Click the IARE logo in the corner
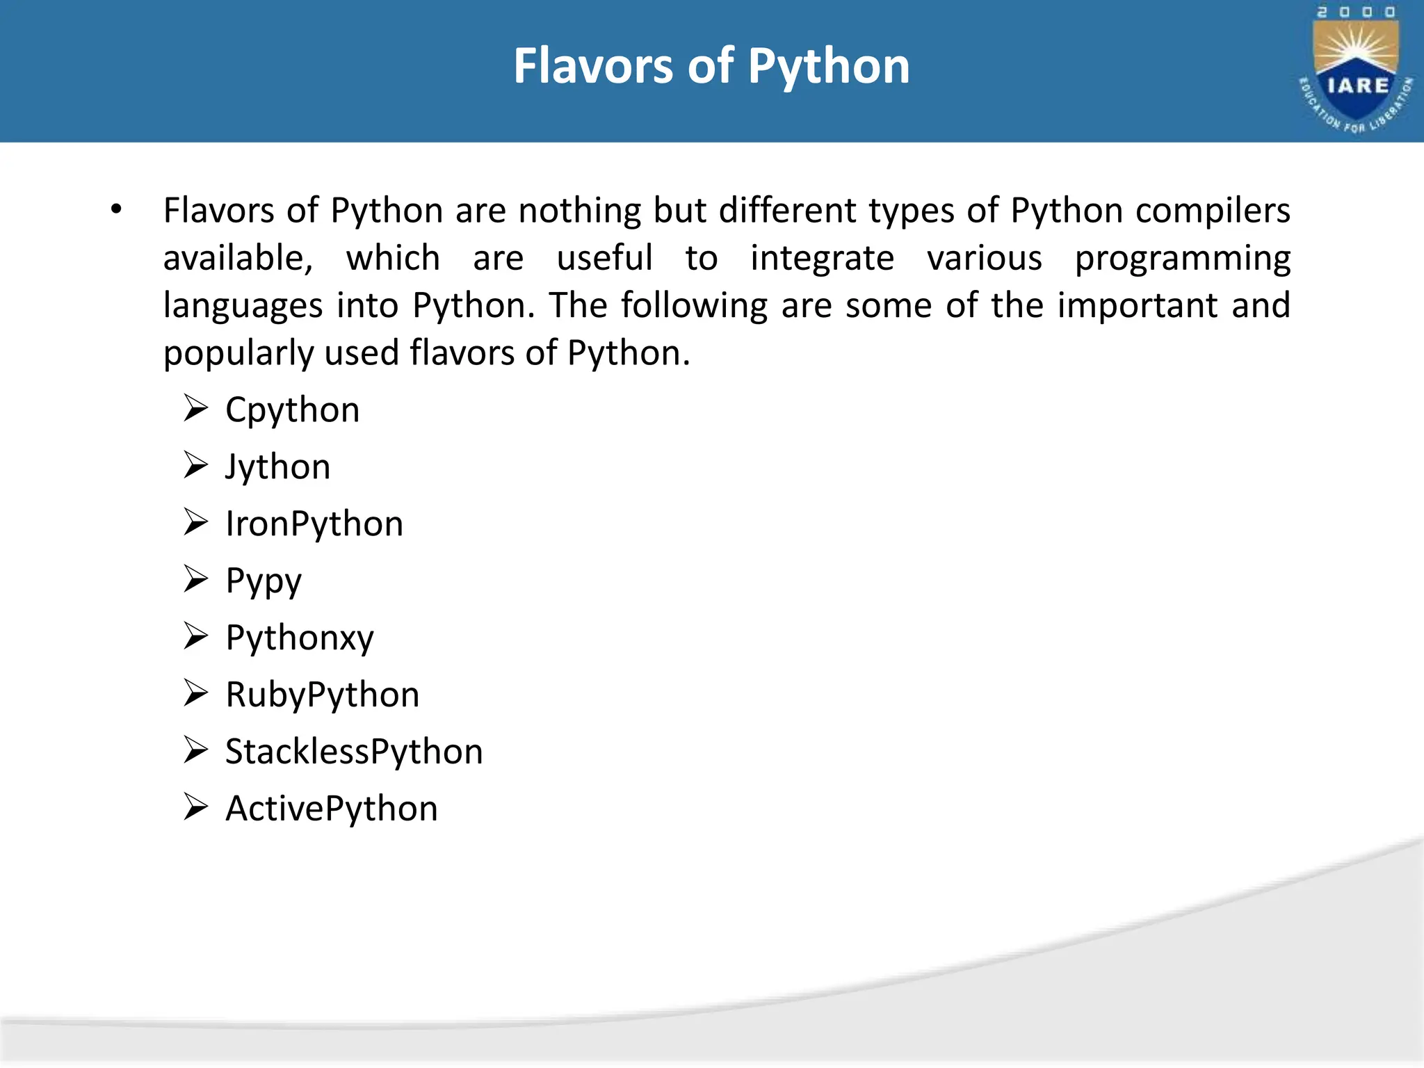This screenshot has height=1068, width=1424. pos(1355,70)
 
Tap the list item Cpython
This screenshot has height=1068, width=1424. pos(293,410)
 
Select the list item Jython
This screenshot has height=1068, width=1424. pos(278,467)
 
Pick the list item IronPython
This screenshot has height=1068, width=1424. pos(314,524)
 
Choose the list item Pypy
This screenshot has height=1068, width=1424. pos(264,581)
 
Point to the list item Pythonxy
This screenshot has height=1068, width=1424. pos(300,638)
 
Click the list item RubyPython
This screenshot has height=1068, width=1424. pos(323,695)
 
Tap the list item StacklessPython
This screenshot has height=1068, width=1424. pos(354,752)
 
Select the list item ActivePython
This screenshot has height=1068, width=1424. pos(332,809)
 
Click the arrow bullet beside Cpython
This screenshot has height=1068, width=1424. pos(196,408)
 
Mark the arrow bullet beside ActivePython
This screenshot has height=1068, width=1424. pos(196,807)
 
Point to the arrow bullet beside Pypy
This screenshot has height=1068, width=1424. pos(196,579)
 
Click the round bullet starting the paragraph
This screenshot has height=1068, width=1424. pos(116,209)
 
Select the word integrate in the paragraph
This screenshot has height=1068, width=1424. pos(822,259)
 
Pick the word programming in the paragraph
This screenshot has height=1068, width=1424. pos(1183,259)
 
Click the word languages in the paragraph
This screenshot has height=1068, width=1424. pos(243,306)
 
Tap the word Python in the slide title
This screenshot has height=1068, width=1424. pos(829,67)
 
